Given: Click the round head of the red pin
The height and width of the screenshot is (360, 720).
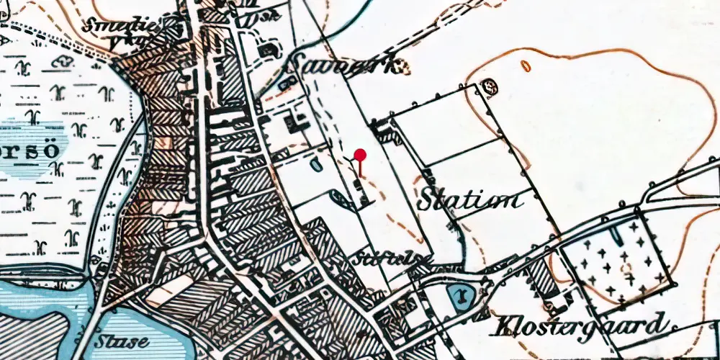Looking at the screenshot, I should (x=360, y=154).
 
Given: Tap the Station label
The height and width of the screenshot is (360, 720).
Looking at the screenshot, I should (x=472, y=199).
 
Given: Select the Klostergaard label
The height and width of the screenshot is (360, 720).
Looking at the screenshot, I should (x=578, y=326).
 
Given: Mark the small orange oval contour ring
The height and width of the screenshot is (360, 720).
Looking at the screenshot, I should (x=526, y=66).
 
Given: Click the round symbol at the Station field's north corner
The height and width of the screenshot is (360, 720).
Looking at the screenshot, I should (x=491, y=87).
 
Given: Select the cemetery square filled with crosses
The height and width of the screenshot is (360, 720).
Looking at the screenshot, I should (x=616, y=259).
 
